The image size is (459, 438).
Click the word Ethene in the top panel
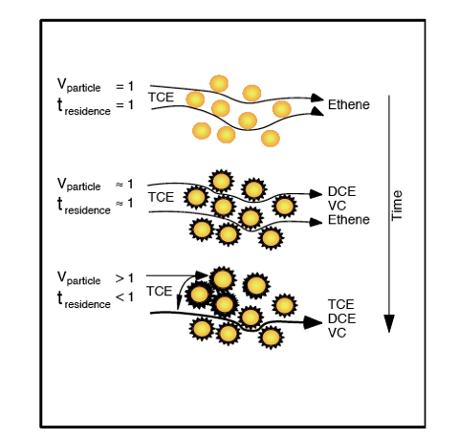pos(349,104)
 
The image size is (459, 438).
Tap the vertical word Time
pos(397,206)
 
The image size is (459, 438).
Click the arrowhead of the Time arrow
pos(389,323)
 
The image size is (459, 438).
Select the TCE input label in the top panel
pos(161,98)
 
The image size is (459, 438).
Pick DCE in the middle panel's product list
pos(341,191)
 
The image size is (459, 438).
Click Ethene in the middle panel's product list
pos(349,220)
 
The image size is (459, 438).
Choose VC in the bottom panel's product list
pos(337,333)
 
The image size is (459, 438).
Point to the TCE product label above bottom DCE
pos(340,304)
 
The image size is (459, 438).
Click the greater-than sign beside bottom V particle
pos(120,278)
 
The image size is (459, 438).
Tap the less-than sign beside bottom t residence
pos(120,297)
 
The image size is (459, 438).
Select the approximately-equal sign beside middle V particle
pos(120,185)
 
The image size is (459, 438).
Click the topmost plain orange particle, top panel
pos(219,83)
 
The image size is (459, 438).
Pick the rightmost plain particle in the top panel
pos(282,109)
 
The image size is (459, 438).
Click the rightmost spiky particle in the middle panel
pos(285,206)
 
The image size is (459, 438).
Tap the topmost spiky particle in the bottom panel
pos(223,278)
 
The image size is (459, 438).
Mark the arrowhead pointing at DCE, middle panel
pos(317,193)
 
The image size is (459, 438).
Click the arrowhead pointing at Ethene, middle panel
pos(317,222)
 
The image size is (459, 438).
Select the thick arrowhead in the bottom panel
pos(313,322)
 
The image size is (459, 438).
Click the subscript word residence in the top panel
pos(87,111)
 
